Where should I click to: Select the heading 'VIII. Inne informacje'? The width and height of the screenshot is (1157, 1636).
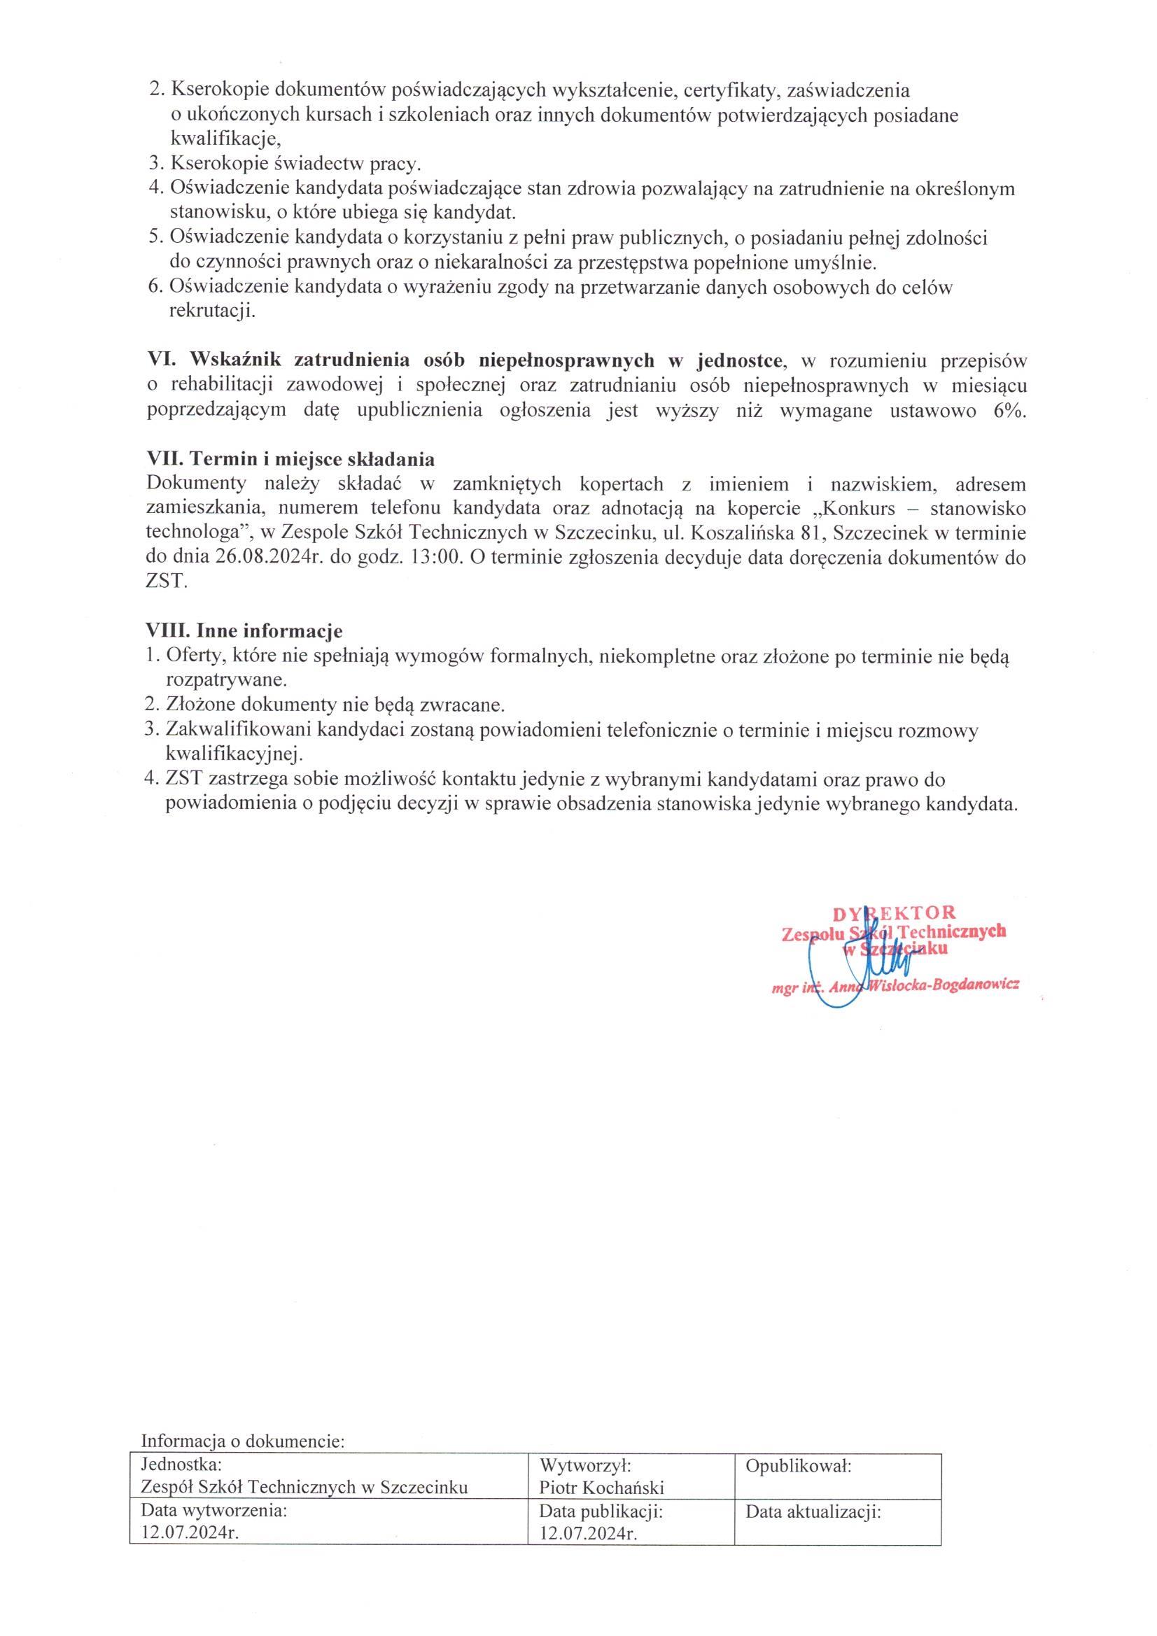click(x=244, y=630)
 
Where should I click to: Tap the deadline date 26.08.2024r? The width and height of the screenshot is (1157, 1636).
click(x=267, y=557)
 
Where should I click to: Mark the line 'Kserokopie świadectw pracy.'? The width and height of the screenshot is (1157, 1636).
click(x=295, y=164)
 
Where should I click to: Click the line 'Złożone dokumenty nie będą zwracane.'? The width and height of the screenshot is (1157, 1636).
click(x=335, y=705)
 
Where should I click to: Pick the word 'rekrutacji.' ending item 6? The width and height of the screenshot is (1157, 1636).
click(x=211, y=311)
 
